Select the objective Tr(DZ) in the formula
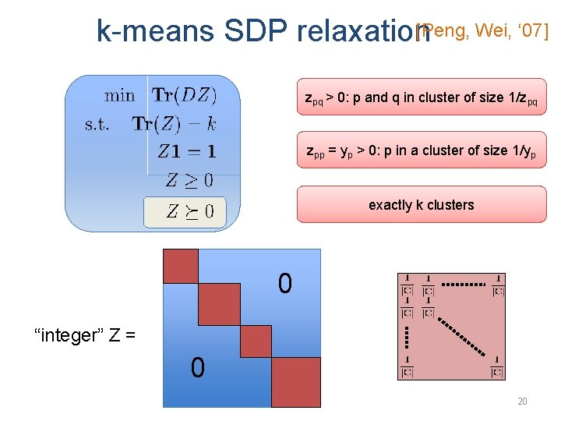pos(185,95)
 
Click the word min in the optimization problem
pos(119,96)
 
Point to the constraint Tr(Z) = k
pos(174,123)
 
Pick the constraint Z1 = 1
pos(187,151)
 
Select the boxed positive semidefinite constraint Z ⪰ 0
pos(189,210)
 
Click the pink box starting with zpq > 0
pos(421,97)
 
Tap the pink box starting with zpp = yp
pos(421,151)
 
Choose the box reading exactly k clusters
pos(421,204)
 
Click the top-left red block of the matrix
pos(181,266)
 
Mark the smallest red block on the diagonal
pos(256,341)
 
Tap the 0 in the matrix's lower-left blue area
pos(198,366)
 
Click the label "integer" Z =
pos(85,336)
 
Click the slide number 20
pos(522,401)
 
